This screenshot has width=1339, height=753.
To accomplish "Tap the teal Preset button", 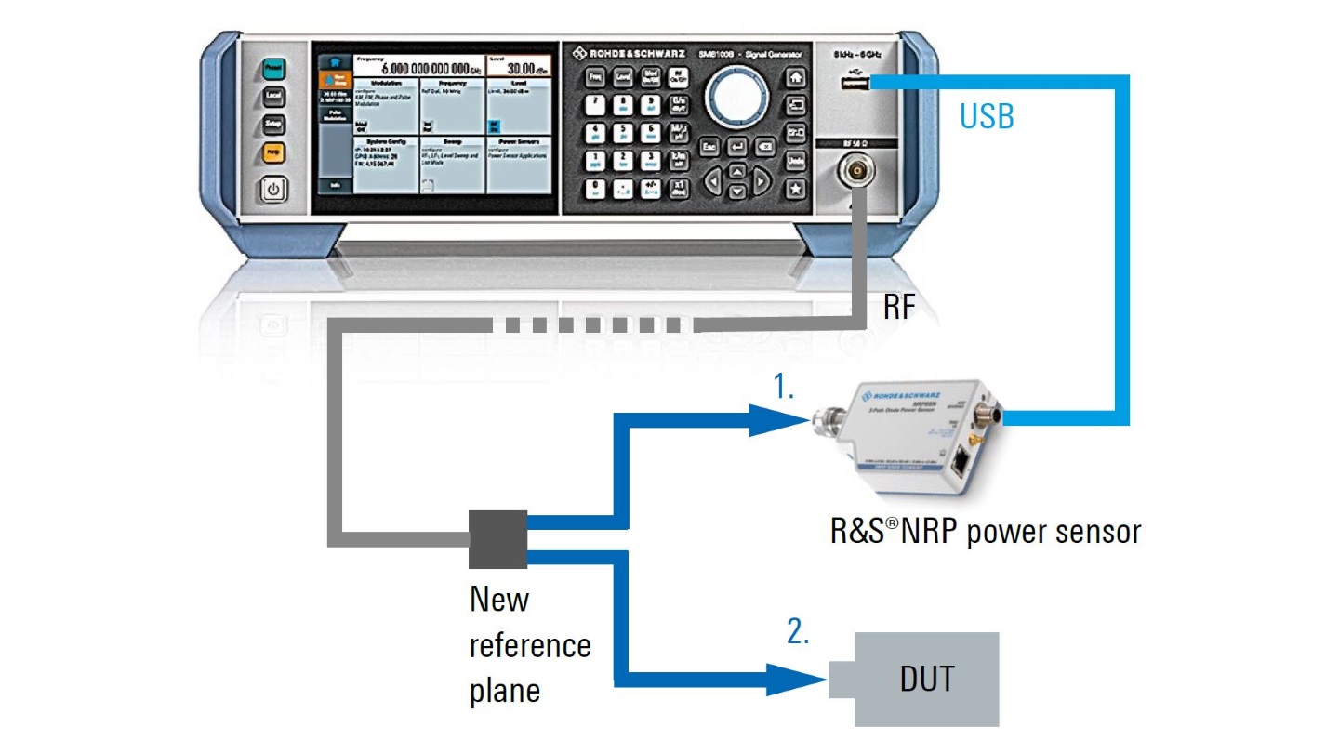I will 273,69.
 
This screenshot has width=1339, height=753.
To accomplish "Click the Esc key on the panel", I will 709,147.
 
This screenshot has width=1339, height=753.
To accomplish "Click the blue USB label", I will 987,117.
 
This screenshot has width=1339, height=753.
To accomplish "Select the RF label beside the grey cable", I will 899,308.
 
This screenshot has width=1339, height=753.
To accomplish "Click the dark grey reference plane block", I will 497,539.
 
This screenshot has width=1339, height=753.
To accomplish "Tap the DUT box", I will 927,679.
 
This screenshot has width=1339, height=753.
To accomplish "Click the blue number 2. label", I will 799,632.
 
